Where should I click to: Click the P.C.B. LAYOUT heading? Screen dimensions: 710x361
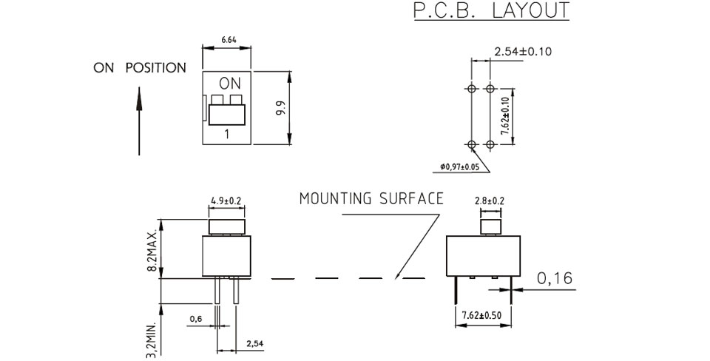point(491,11)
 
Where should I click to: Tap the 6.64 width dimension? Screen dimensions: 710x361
point(229,40)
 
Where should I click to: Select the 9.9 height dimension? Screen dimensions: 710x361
point(281,108)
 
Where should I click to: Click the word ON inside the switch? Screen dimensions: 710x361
point(230,84)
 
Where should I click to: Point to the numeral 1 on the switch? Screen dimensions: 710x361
point(226,134)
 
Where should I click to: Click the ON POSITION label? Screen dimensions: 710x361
point(140,68)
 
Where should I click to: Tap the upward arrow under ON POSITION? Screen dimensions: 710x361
point(139,121)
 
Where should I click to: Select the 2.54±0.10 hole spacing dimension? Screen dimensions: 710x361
point(523,51)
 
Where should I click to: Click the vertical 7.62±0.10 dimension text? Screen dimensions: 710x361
point(504,116)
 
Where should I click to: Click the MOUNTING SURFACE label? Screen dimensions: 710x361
point(371,198)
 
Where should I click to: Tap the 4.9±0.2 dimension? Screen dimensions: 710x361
point(226,200)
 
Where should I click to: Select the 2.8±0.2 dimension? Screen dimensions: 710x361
point(490,200)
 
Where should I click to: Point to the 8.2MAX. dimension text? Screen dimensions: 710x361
point(152,250)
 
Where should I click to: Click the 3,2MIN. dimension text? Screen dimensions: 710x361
point(152,340)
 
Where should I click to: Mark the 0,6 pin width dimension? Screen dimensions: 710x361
point(196,320)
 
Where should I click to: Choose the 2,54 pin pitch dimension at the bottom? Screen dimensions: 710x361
point(255,344)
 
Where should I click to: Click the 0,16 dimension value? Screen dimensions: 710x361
point(555,278)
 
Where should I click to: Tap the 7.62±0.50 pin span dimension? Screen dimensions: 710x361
point(481,315)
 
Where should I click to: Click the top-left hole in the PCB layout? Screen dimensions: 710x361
point(471,88)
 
